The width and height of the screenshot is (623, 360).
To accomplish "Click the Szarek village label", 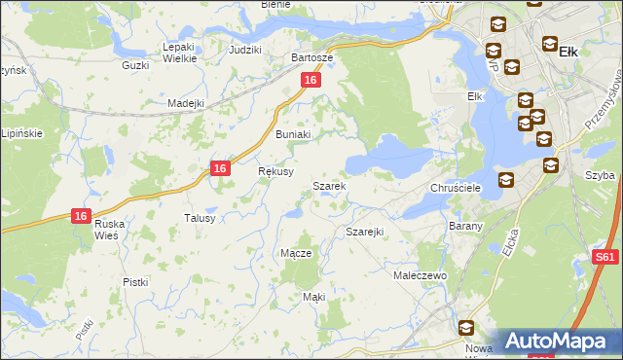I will point(328,186).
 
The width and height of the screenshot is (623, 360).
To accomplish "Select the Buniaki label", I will point(292,135).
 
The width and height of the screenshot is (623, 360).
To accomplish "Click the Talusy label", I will point(200,219).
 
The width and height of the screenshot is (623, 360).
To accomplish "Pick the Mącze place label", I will point(296,253).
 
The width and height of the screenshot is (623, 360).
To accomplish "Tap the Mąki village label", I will point(313,296).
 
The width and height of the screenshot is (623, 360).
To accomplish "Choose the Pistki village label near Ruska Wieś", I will point(135,282).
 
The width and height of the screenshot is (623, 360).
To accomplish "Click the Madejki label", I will point(185,103).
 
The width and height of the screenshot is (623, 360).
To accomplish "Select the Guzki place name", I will point(134,65).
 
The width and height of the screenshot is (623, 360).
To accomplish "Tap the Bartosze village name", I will point(312,57).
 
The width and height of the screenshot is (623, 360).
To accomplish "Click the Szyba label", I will point(601,175).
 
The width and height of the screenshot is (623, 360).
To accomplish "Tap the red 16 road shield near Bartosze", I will point(311,81).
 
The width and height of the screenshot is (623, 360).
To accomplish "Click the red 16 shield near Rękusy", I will point(221,168).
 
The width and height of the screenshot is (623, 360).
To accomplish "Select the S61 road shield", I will point(605,258).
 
